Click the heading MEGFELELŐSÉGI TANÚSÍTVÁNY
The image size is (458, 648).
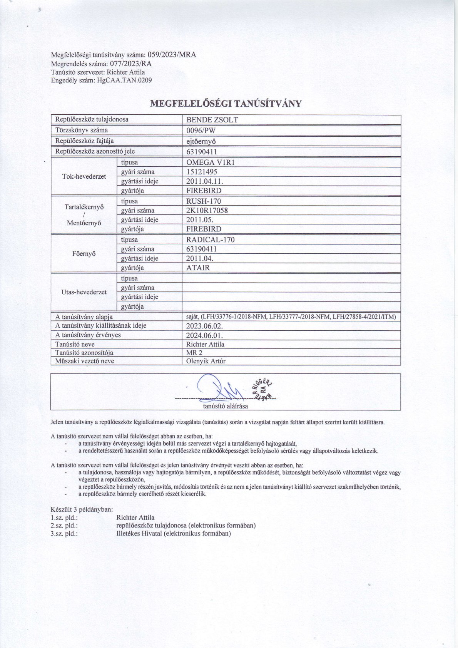click(226, 104)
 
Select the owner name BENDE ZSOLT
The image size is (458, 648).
click(212, 120)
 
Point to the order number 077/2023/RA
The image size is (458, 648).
click(131, 64)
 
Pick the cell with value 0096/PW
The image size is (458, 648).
click(201, 130)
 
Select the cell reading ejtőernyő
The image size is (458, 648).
click(201, 141)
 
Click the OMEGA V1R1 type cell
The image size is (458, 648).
click(210, 162)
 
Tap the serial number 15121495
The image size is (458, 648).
click(202, 172)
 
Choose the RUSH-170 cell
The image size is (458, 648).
click(204, 201)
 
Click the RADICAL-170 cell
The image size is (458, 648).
click(210, 239)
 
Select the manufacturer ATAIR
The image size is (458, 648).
click(198, 268)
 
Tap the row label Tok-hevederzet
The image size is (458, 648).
click(84, 176)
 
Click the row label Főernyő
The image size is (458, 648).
click(84, 254)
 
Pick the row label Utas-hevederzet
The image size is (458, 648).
click(84, 292)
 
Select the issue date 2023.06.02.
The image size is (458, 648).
click(204, 326)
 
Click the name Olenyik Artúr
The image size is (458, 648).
click(206, 361)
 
